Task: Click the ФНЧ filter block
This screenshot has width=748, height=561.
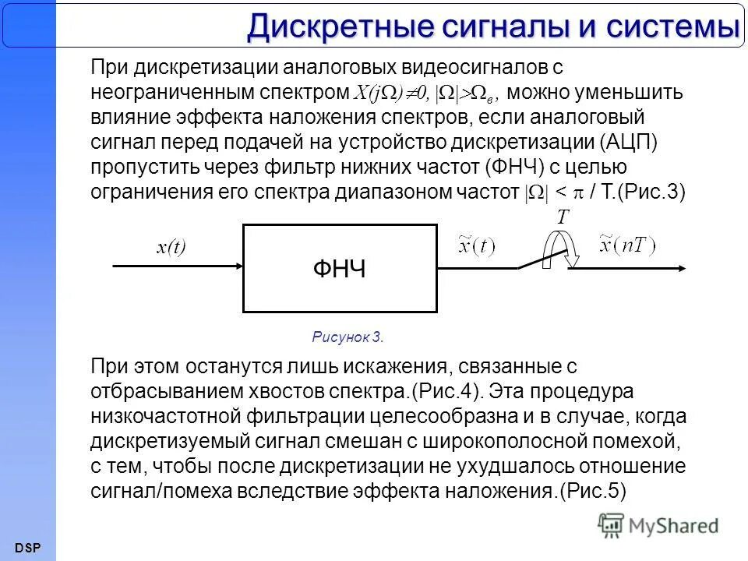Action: [x=340, y=269]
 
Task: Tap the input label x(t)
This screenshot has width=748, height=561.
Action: [x=171, y=248]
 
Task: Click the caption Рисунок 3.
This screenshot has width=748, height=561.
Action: [x=348, y=337]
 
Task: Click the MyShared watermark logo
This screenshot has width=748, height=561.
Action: [x=658, y=525]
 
